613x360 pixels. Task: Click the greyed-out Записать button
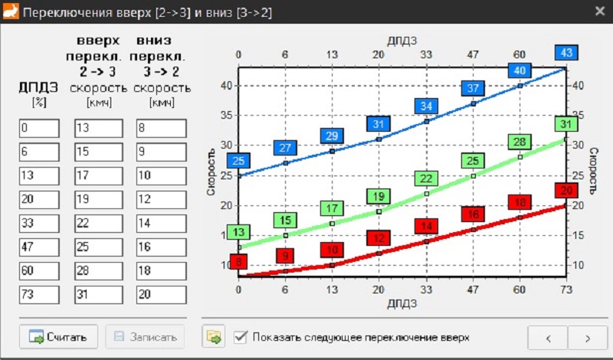coord(146,336)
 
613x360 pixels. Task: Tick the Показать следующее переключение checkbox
coord(241,336)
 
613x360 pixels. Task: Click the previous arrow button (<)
coord(548,337)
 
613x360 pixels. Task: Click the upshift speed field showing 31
coord(98,295)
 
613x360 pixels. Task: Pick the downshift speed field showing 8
coord(161,129)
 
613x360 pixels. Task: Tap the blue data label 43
coord(566,53)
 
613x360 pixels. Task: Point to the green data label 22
coord(426,179)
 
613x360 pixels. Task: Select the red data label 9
coord(286,256)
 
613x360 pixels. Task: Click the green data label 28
coord(519,142)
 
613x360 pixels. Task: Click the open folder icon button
coord(213,336)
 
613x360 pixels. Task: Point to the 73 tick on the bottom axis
coord(565,290)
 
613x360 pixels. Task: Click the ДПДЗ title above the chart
coord(402,39)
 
